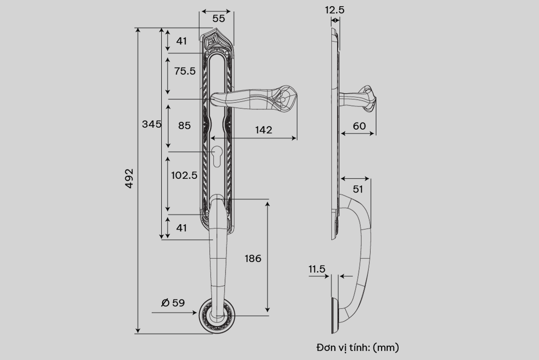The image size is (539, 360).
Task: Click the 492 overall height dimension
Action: pos(129,178)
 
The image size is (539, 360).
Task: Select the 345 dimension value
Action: pos(152,124)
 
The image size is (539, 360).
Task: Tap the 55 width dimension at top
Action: pos(218,18)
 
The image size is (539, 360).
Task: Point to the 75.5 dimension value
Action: pos(184,71)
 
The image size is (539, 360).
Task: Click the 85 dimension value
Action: pos(184,125)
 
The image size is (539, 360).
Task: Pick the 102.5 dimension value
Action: pos(184,176)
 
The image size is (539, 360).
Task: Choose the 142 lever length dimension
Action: pos(264,130)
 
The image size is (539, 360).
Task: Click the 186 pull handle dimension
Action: pos(253,259)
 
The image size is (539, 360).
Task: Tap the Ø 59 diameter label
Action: pos(173,303)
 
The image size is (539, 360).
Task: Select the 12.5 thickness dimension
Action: pos(335,10)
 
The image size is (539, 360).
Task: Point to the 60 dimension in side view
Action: pos(359,126)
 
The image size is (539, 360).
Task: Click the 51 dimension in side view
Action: pos(358,189)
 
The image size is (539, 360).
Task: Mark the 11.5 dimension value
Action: pos(317,269)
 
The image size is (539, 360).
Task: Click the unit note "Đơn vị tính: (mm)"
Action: pos(358,347)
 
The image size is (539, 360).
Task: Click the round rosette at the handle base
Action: pos(217,316)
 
